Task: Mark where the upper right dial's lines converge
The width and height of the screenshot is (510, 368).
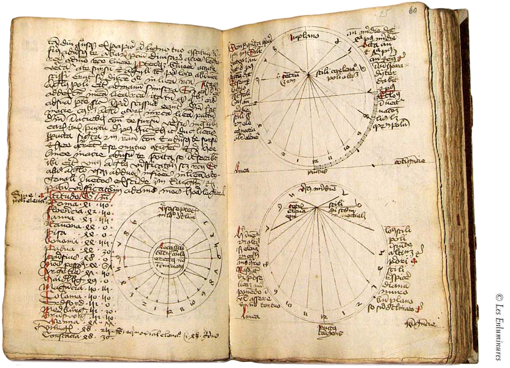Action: tap(308, 75)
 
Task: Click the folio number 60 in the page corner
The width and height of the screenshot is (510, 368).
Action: tap(429, 9)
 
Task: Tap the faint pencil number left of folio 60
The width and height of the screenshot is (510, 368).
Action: tap(403, 11)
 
